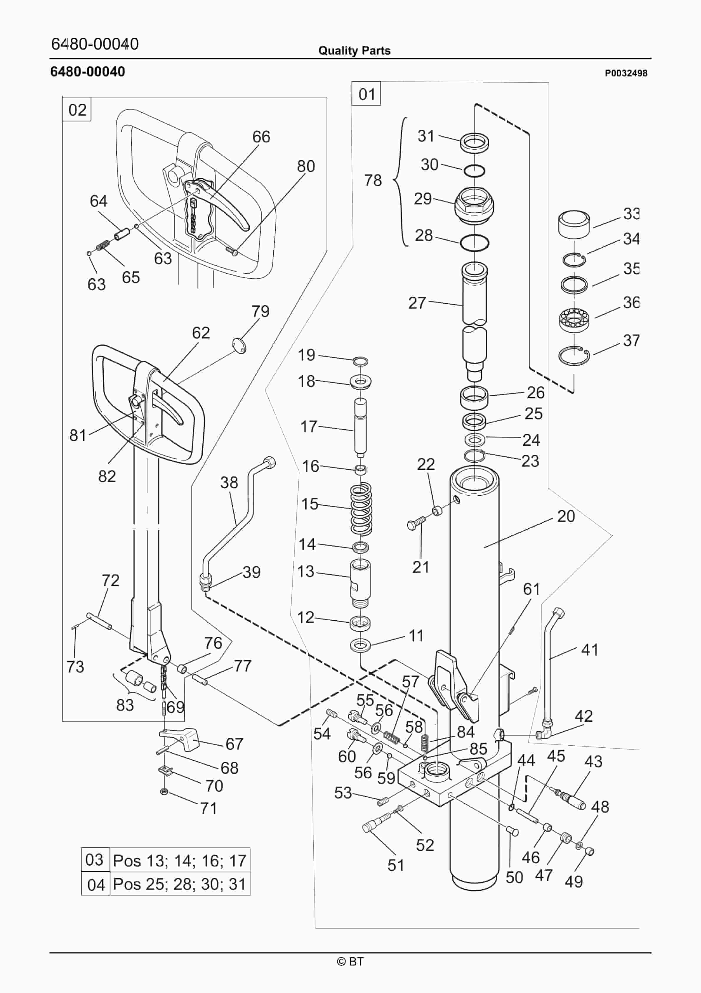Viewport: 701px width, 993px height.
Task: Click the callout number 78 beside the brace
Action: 373,180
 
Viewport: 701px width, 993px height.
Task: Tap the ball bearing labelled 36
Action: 574,320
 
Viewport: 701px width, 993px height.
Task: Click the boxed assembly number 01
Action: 366,94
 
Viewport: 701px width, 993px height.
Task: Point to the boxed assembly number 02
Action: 77,110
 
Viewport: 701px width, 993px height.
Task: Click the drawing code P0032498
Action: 626,73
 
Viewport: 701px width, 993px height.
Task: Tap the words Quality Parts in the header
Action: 354,51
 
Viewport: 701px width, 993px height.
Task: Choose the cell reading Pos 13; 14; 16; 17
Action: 180,861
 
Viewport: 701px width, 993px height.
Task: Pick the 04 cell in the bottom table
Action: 95,885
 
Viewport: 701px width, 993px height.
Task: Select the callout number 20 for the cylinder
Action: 566,516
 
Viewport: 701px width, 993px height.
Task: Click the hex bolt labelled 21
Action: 415,525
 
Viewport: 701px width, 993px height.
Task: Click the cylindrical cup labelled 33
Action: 574,224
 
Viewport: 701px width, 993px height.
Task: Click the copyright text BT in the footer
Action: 350,961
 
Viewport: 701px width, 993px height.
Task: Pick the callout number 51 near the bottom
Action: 396,865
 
